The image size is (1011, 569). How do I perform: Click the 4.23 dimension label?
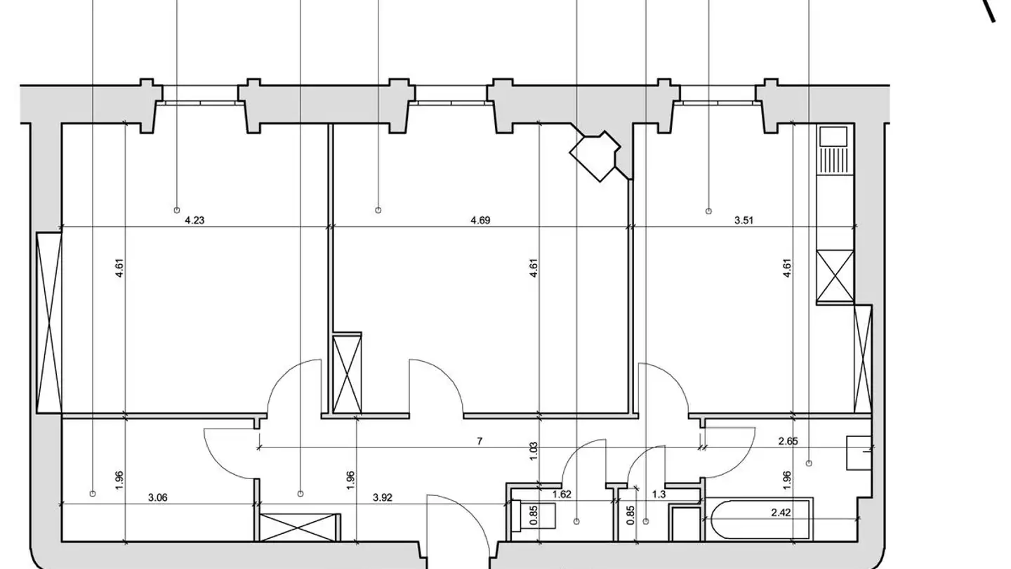tap(194, 221)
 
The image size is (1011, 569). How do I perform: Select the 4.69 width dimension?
tap(480, 221)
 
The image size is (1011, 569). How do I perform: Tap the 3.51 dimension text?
tap(744, 221)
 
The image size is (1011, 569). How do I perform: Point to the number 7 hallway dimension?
tap(480, 441)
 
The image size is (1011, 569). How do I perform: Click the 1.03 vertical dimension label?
tap(534, 451)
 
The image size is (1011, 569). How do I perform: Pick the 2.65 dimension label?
tap(788, 441)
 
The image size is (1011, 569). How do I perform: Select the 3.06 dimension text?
tap(157, 497)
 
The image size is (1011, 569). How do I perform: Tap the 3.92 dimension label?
tap(382, 497)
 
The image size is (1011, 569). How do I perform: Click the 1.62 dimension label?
tap(562, 495)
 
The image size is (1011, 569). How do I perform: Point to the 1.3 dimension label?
tap(659, 495)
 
